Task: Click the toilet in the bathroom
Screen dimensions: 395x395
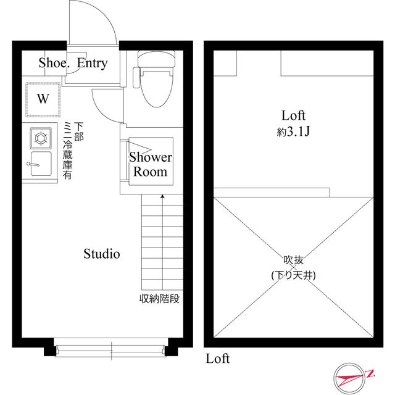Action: pos(156,78)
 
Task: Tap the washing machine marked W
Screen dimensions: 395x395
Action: pos(43,99)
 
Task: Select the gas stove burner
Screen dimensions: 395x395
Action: pos(41,138)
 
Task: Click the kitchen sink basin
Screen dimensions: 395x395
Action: pos(41,164)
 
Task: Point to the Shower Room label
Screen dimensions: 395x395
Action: pos(151,164)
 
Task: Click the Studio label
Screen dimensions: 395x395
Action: pos(101,254)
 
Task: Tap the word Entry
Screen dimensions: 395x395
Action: pos(92,63)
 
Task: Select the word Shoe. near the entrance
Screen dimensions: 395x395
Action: pos(54,63)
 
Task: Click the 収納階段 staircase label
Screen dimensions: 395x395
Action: pos(159,299)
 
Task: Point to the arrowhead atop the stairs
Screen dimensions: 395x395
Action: pos(162,196)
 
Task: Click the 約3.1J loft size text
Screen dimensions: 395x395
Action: pos(293,131)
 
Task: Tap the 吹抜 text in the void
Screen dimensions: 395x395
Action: pos(294,260)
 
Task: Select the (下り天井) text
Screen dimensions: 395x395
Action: pos(294,275)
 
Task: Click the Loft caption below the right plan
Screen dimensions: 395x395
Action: pos(218,359)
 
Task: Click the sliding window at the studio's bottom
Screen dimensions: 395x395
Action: pos(111,350)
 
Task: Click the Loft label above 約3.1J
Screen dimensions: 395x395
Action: pos(294,115)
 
